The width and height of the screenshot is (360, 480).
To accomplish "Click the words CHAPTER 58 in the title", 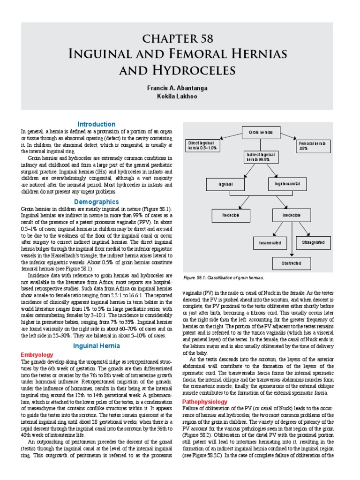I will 180,38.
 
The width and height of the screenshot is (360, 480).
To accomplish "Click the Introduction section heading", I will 97,124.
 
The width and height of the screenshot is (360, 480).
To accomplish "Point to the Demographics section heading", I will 97,202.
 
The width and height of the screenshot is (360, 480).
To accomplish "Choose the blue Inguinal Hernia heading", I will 97,346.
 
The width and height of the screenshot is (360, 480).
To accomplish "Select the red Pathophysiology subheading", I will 205,402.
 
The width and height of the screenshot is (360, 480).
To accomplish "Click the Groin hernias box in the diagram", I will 264,133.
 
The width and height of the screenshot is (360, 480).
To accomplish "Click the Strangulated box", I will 314,242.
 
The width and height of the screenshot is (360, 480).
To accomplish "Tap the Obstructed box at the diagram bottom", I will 291,263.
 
